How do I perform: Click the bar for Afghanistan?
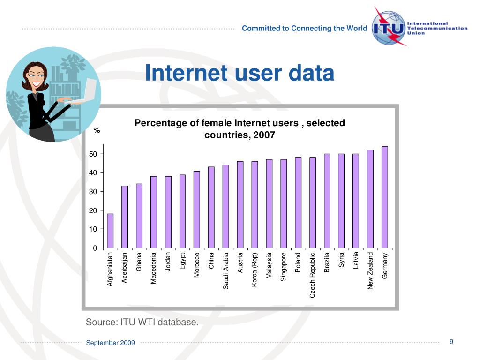(110, 231)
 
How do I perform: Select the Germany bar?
(385, 197)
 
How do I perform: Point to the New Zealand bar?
(370, 199)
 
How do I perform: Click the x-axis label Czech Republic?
(313, 275)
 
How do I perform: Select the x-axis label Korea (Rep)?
(255, 270)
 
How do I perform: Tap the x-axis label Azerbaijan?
(125, 268)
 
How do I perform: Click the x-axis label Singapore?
(284, 267)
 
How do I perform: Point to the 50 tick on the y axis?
(93, 154)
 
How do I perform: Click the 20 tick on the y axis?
(93, 210)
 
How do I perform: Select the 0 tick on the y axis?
(95, 248)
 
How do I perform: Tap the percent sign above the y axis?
(97, 130)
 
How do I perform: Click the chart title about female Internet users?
(240, 129)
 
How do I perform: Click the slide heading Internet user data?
(240, 73)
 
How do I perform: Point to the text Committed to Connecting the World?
(304, 28)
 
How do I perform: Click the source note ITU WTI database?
(142, 322)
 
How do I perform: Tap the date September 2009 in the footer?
(110, 343)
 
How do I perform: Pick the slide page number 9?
(451, 341)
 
